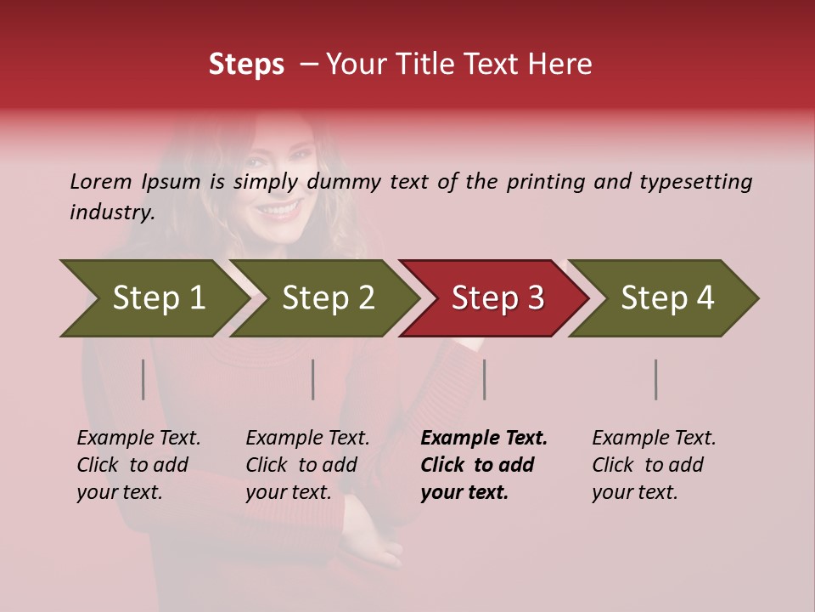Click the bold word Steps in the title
246,65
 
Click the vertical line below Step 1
143,379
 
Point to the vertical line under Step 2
313,379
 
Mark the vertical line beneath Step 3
485,379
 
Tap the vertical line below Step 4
656,379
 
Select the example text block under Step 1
138,464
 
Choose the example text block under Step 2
307,464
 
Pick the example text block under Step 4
654,464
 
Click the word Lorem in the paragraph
101,182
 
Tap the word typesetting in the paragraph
695,182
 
